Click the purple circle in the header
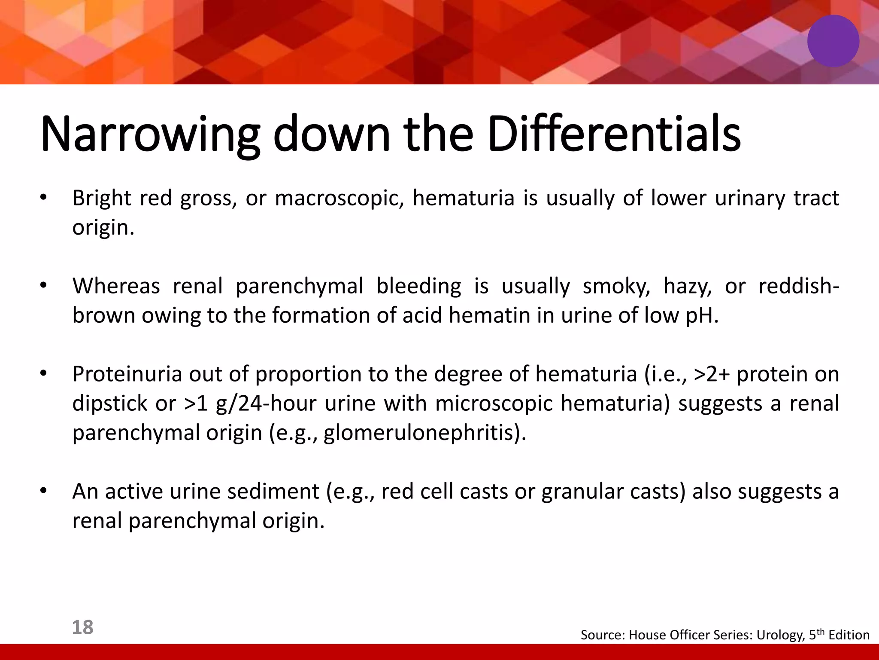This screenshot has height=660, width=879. point(833,41)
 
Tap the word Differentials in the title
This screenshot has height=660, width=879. point(614,134)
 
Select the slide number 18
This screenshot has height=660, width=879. point(82,627)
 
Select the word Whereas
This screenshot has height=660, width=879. point(116,287)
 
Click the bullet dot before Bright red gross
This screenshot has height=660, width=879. point(42,198)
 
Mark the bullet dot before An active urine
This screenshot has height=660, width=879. point(42,491)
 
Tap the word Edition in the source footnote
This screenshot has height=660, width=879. point(849,635)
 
